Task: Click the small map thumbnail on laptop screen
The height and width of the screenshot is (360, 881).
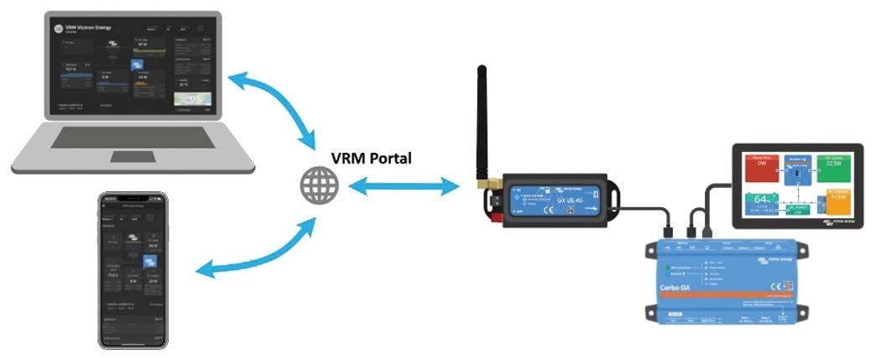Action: coord(190,101)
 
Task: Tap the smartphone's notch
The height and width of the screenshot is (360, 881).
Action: coord(133,197)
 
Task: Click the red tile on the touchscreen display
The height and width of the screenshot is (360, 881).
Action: coord(762,169)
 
